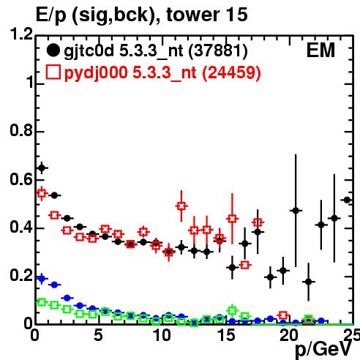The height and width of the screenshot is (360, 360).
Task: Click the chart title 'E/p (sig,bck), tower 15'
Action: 142,15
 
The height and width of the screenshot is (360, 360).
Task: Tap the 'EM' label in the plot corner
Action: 320,50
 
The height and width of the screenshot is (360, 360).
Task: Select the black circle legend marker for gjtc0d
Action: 53,50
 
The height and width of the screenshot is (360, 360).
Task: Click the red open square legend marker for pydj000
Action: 53,72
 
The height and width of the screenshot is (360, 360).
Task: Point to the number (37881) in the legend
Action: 218,50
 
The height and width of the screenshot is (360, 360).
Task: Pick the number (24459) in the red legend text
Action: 231,72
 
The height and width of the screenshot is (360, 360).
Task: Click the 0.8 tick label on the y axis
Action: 21,130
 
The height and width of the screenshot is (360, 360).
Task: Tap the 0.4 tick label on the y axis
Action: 21,227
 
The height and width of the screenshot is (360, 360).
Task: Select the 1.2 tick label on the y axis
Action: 21,34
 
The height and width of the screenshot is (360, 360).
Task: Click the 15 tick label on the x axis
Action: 226,335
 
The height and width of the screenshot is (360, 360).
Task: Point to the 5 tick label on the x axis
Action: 99,335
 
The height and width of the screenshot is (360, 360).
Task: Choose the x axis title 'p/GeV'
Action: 323,349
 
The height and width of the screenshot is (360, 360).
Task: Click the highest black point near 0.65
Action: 42,168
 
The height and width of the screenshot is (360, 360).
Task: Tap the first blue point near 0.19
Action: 42,278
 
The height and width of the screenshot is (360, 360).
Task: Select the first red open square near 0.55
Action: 42,193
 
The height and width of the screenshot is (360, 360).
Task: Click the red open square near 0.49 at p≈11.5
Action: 181,206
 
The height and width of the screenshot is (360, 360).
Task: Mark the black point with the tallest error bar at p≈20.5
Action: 296,211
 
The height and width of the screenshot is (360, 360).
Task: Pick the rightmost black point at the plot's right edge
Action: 347,200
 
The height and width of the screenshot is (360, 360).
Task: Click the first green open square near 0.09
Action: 42,302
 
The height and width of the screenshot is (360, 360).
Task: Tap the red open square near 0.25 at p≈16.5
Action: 245,265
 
